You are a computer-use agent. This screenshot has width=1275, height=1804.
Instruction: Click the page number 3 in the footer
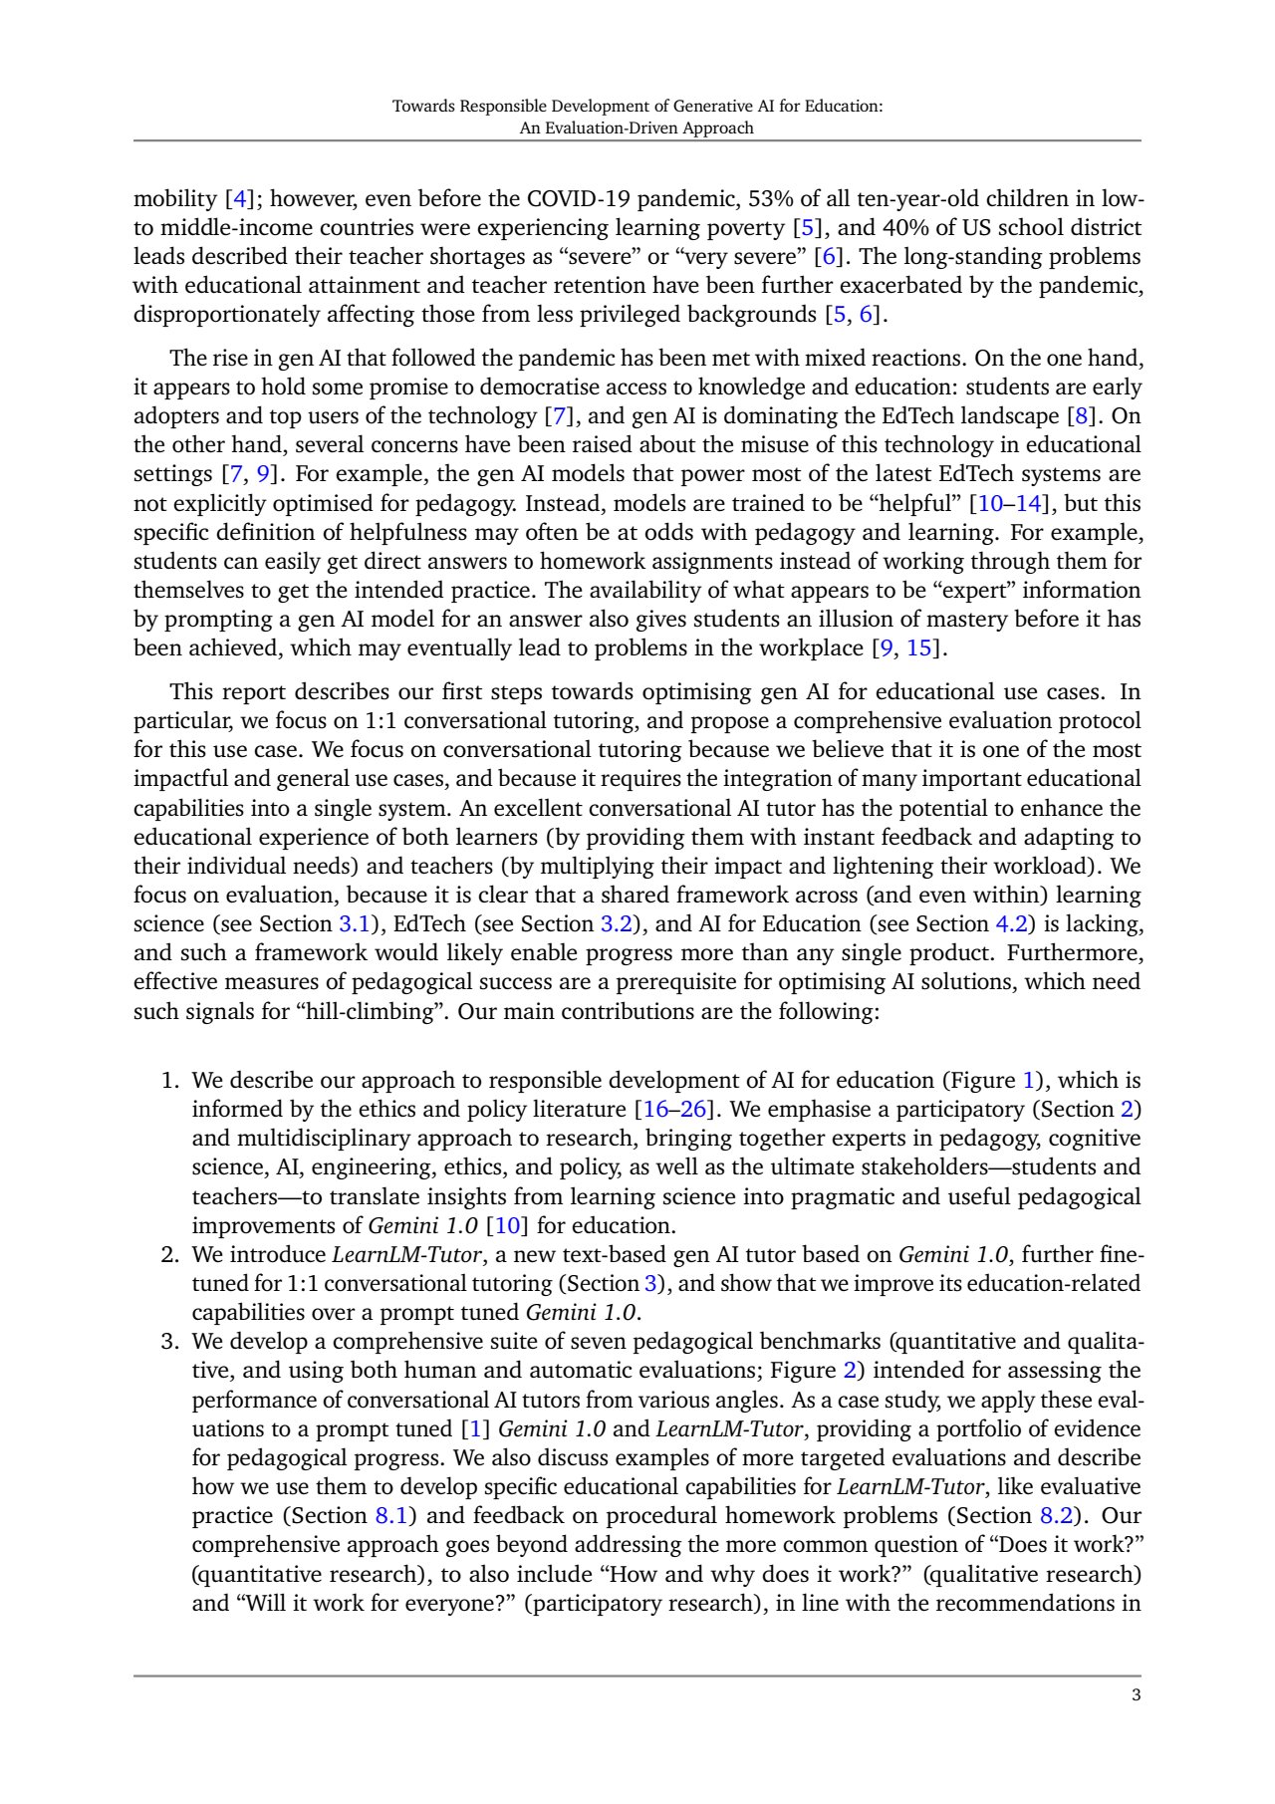(x=1136, y=1695)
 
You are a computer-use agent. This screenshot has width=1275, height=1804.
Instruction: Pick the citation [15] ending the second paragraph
(x=920, y=647)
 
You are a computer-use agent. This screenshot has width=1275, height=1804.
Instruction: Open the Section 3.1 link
(x=355, y=923)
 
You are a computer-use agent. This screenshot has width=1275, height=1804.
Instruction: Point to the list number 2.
(x=170, y=1254)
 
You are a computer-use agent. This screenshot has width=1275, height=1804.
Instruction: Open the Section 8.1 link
(x=391, y=1515)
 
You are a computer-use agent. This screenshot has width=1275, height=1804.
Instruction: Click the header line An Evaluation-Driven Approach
(x=637, y=128)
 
